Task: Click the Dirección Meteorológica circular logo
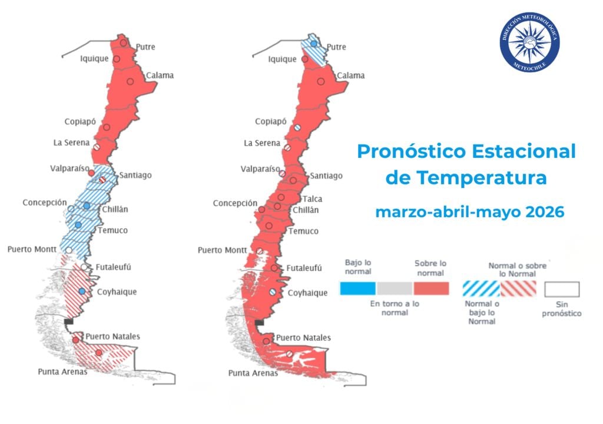(529, 42)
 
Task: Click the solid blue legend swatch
(358, 288)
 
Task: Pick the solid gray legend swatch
(395, 288)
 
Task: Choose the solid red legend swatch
(431, 288)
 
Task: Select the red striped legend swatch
(519, 288)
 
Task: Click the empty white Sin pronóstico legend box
(562, 289)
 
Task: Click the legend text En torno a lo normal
(395, 308)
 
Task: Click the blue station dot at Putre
(314, 44)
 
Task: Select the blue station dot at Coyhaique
(82, 291)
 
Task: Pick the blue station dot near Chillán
(87, 206)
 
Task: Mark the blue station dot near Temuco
(78, 226)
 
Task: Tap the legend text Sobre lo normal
(430, 268)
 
